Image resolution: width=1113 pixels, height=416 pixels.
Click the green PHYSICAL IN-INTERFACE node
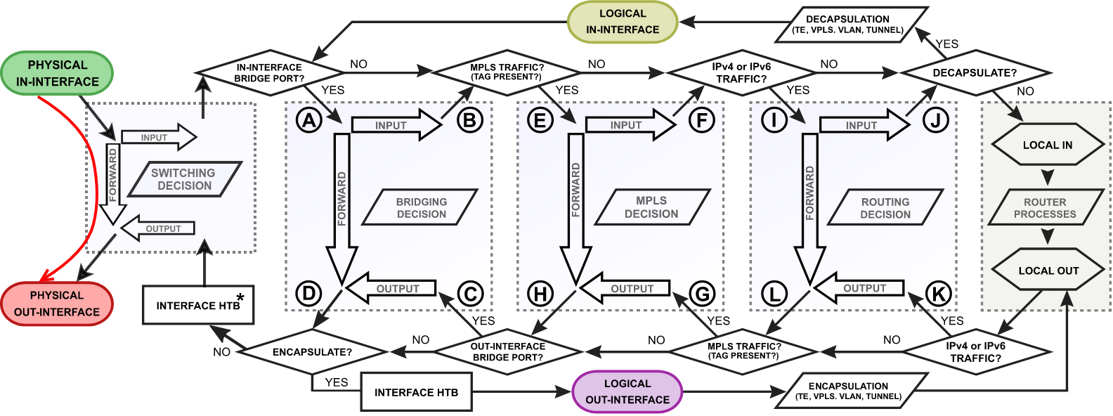click(57, 73)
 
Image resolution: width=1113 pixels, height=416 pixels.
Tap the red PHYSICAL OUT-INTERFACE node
click(57, 304)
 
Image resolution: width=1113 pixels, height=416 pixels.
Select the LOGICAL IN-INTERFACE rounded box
click(623, 22)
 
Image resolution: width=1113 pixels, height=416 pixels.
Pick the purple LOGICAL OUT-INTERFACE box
click(627, 391)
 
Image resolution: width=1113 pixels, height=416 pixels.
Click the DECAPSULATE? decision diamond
click(975, 72)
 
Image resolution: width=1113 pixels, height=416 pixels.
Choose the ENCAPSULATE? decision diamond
click(312, 351)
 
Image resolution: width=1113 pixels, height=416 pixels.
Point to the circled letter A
click(309, 120)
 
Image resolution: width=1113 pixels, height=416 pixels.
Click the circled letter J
click(936, 120)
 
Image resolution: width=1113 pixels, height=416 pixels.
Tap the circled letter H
click(540, 294)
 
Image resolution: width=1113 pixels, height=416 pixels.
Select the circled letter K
click(938, 294)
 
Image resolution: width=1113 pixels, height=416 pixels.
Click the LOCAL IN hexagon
click(1048, 145)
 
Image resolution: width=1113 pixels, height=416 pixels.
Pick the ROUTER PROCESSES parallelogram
click(1045, 208)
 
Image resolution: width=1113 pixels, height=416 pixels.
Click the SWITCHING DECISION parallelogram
click(185, 179)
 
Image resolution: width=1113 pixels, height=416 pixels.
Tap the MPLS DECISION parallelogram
click(651, 208)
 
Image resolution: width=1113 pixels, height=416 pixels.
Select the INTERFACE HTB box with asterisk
click(198, 306)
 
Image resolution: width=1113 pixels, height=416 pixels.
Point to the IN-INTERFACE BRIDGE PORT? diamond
click(270, 72)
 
